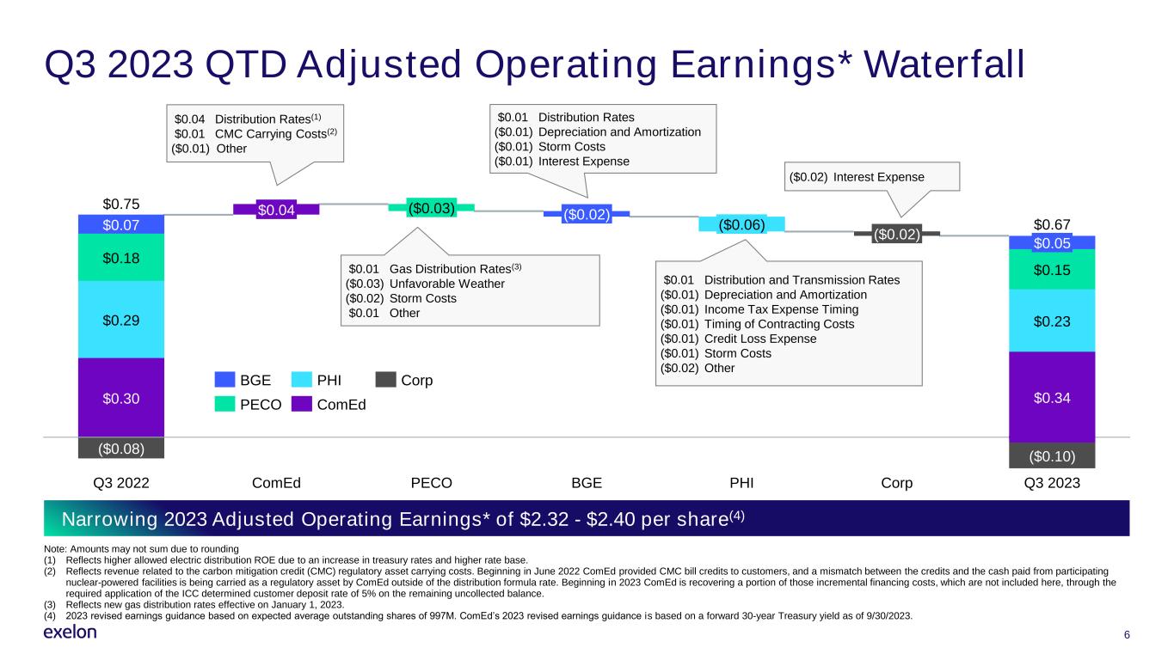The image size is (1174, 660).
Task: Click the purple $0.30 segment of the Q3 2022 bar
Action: point(121,398)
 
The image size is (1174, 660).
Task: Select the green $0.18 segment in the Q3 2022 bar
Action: point(121,258)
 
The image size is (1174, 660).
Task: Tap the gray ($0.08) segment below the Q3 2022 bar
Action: point(121,449)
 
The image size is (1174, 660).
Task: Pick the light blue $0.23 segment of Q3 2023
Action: point(1052,321)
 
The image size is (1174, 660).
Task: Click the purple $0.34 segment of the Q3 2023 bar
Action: point(1052,397)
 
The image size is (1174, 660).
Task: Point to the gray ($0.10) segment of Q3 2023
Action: point(1052,455)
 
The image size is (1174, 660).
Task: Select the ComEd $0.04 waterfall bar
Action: point(276,210)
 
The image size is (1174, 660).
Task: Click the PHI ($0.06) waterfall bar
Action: point(741,224)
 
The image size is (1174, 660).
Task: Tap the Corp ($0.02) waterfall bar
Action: point(897,234)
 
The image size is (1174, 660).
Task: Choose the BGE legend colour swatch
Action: point(224,380)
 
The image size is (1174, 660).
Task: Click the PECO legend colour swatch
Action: point(224,404)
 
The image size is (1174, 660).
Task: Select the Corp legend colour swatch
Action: point(385,380)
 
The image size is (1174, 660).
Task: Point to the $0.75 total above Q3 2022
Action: point(121,204)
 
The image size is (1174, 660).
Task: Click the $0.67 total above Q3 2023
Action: point(1052,224)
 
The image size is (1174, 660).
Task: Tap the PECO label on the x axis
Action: point(432,482)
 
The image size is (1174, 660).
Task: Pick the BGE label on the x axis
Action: point(587,482)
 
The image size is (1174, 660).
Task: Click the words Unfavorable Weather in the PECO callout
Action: point(447,284)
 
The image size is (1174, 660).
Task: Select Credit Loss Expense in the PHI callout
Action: point(760,339)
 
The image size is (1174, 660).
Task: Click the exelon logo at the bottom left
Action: point(70,632)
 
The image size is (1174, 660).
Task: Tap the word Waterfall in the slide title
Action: point(944,64)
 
